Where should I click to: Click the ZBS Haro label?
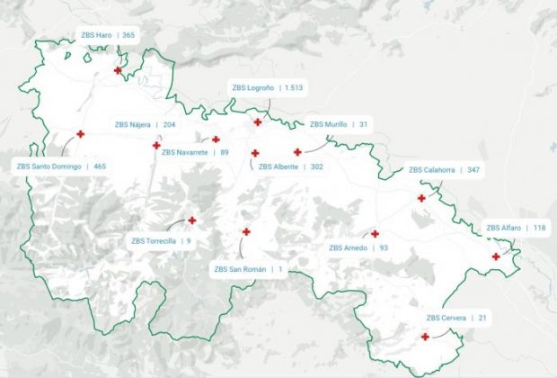point(107,35)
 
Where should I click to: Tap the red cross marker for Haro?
point(118,70)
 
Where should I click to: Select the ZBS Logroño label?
point(267,88)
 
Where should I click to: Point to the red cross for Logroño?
point(258,121)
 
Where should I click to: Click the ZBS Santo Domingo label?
point(61,166)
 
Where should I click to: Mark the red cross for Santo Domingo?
point(80,134)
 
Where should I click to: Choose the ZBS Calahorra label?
point(444,170)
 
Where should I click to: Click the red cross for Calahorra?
point(421,198)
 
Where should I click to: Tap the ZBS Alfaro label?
point(516,228)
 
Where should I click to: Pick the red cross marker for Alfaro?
point(496,256)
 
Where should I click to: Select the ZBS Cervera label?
point(456,318)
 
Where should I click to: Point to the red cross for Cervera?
point(425,337)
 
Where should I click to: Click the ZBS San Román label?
point(248,269)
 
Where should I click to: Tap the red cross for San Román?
point(246,231)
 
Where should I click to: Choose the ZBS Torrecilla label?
point(161,241)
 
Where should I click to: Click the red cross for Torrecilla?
point(191,220)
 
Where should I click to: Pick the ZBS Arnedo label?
point(358,247)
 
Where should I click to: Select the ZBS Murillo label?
point(339,124)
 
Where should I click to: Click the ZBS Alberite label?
point(290,166)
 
